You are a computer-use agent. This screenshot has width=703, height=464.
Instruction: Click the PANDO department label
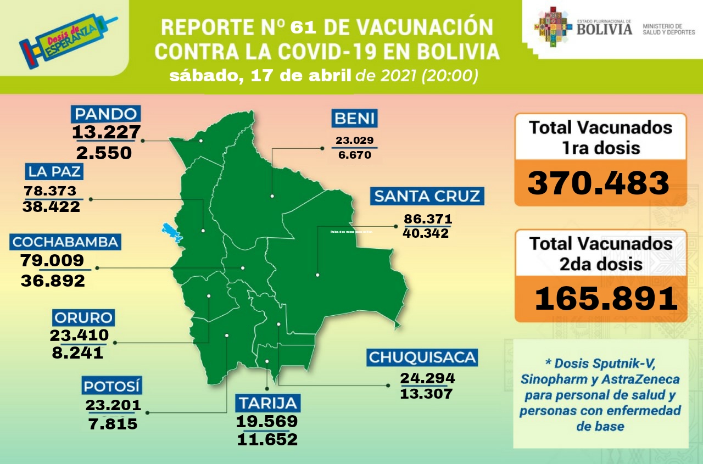[105, 114]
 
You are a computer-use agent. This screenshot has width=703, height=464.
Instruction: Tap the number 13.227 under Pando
[106, 132]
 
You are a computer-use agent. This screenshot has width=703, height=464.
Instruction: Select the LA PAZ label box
[53, 171]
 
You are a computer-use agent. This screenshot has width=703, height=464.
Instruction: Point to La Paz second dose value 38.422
[51, 207]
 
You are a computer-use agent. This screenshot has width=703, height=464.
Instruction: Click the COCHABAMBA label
[65, 242]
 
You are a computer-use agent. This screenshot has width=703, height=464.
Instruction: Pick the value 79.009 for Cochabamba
[52, 260]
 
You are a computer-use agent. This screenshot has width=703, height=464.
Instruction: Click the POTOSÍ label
[112, 385]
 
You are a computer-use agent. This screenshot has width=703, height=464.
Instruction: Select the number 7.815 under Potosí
[113, 424]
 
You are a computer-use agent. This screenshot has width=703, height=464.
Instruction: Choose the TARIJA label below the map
[269, 403]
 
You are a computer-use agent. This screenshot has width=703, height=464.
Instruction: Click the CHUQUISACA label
[422, 357]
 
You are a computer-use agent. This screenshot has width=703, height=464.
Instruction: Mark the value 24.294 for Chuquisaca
[427, 378]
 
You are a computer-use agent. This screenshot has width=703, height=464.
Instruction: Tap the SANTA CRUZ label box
[427, 196]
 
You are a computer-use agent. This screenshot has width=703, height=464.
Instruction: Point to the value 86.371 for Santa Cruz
[428, 219]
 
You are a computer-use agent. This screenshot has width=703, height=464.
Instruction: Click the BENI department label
[354, 118]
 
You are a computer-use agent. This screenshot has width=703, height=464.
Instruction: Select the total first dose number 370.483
[599, 183]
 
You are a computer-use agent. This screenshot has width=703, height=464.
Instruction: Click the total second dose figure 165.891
[606, 299]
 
